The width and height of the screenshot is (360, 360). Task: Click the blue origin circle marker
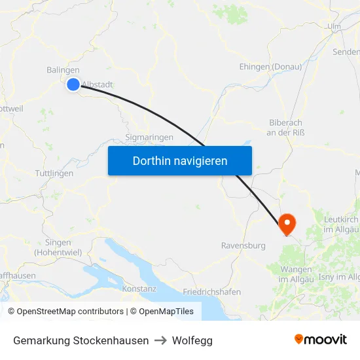pyautogui.click(x=73, y=84)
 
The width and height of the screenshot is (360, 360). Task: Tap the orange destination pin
pyautogui.click(x=287, y=224)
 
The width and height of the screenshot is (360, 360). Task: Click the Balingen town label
pyautogui.click(x=63, y=70)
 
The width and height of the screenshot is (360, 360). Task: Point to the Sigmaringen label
pyautogui.click(x=149, y=137)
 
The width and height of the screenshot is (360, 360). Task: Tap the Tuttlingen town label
pyautogui.click(x=54, y=173)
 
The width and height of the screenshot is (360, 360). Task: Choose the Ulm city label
pyautogui.click(x=334, y=27)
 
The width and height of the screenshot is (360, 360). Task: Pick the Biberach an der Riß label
pyautogui.click(x=287, y=128)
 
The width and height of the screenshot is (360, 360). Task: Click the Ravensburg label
pyautogui.click(x=243, y=245)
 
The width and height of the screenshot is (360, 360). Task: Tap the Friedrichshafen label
pyautogui.click(x=211, y=292)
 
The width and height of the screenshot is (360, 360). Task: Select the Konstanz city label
pyautogui.click(x=139, y=288)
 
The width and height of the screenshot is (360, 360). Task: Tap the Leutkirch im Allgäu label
pyautogui.click(x=341, y=225)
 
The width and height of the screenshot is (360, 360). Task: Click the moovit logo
pyautogui.click(x=321, y=340)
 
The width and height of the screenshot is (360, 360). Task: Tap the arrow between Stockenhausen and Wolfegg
pyautogui.click(x=160, y=340)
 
